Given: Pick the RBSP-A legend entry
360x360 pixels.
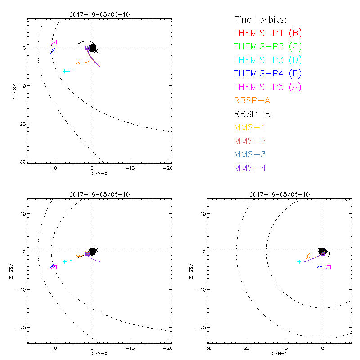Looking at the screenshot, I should pos(252,100).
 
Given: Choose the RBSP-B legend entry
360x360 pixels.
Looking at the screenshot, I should pos(252,114).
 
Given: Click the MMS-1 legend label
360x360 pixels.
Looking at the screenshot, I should pos(250,127).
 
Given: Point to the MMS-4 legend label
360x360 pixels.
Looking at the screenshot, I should pos(250,168).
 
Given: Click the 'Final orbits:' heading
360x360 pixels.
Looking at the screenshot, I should pos(260,19).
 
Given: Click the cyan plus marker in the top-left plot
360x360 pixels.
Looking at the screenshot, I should pos(66,71).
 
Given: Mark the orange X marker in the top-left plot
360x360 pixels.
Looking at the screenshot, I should pos(78,62).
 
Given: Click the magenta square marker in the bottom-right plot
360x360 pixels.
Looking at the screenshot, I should pos(328,267).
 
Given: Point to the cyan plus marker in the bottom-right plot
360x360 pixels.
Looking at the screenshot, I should pos(299,261).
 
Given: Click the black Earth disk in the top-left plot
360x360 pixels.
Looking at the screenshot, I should pos(92,48).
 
